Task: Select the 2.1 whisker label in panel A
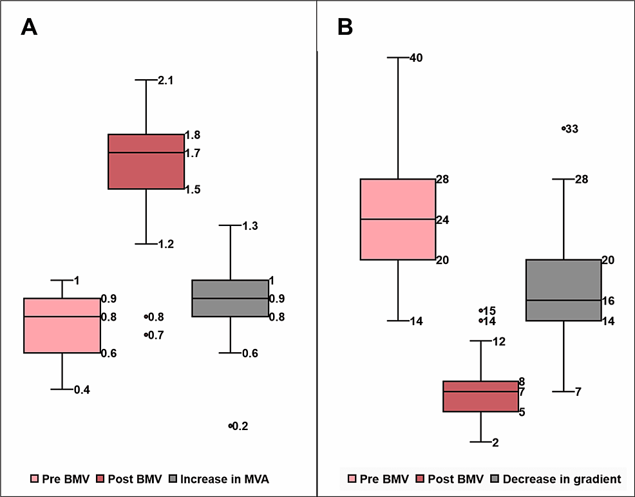166,80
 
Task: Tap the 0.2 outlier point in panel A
230,426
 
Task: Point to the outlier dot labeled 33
564,128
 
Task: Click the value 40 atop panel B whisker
416,58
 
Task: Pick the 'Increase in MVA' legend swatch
173,479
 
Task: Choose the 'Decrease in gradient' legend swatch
495,479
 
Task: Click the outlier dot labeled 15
481,310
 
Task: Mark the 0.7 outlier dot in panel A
146,334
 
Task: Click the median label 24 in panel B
443,220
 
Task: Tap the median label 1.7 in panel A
193,153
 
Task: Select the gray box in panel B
564,290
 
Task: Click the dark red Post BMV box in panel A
146,162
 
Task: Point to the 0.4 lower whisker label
82,389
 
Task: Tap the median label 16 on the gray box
609,301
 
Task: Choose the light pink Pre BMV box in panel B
397,219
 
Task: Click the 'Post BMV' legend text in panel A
133,479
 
